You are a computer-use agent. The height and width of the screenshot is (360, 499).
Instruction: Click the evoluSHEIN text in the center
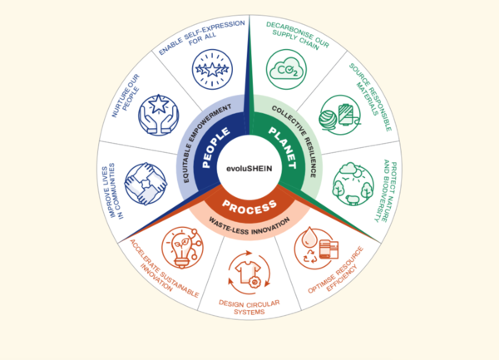click(249, 168)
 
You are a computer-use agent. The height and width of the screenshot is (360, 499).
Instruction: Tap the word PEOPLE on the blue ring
click(216, 147)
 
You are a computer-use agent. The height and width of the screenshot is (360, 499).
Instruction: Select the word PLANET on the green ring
click(283, 147)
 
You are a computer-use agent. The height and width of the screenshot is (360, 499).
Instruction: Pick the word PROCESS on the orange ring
click(249, 207)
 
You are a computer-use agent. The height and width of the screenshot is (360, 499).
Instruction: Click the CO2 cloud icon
click(286, 69)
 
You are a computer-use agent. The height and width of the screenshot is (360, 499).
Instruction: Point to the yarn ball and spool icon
click(340, 115)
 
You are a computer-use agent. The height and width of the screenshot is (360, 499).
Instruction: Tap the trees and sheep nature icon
click(353, 185)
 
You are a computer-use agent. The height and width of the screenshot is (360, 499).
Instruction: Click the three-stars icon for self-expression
click(212, 69)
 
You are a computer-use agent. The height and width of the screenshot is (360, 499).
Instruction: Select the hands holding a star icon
click(159, 115)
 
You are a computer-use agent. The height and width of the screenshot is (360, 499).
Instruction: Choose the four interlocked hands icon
click(146, 184)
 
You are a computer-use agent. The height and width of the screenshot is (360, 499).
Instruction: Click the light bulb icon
click(182, 248)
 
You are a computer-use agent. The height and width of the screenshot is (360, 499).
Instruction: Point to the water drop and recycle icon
click(315, 248)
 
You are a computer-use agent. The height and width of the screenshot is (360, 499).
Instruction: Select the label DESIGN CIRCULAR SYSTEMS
click(249, 308)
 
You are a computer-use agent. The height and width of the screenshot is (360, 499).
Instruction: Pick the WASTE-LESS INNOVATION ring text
click(249, 227)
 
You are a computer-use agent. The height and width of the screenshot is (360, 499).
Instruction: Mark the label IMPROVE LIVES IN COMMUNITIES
click(112, 191)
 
